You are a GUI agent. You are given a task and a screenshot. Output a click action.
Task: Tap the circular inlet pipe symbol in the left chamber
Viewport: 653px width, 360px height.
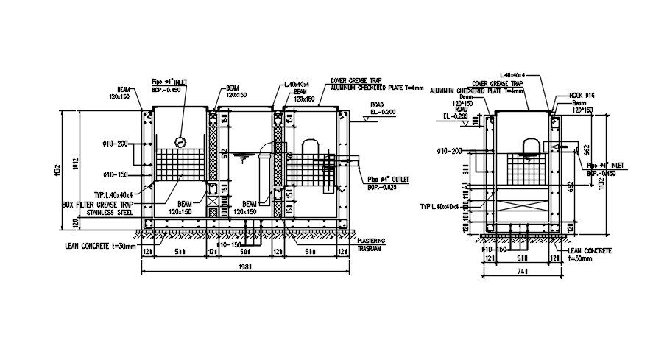point(180,142)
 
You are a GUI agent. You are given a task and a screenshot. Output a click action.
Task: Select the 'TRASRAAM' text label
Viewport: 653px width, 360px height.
point(370,248)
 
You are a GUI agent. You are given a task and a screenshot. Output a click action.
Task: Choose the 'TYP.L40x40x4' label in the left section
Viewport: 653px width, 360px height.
point(113,195)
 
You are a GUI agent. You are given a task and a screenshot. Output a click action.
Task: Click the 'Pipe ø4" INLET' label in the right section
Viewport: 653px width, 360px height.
point(605,166)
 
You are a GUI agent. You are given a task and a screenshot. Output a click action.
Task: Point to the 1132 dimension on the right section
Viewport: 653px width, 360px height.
point(601,177)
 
